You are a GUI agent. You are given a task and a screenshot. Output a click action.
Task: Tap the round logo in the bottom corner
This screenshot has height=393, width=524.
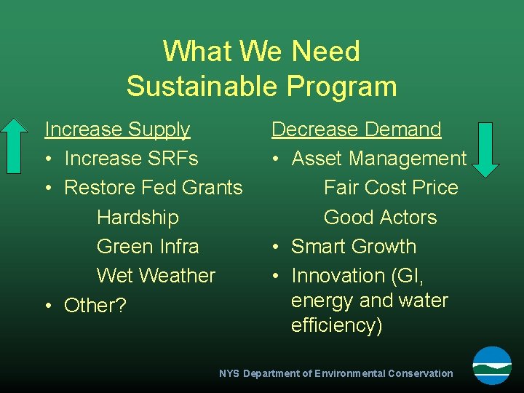pos(492,365)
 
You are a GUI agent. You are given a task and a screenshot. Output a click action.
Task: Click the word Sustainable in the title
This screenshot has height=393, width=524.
pos(202,86)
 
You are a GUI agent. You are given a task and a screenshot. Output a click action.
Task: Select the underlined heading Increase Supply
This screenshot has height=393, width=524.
pos(117,130)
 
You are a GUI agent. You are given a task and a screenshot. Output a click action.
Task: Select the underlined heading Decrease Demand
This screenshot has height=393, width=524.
pos(357,130)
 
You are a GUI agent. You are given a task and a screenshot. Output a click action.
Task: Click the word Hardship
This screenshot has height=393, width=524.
pos(138,217)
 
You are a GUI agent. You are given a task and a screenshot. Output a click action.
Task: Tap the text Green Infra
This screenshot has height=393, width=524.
pos(148,247)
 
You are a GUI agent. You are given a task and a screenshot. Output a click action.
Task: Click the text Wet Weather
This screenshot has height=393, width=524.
pos(156,276)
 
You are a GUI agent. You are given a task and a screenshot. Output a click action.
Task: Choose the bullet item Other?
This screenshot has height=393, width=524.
pos(95,306)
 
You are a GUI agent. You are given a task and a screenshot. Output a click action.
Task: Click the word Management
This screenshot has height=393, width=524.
pos(408,159)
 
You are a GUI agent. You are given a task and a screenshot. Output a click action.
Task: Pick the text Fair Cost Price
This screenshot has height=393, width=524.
pos(391,188)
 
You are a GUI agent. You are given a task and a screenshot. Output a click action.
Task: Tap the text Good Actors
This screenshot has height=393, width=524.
pos(380,217)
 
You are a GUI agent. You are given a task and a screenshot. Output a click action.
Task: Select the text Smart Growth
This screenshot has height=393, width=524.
pos(354,247)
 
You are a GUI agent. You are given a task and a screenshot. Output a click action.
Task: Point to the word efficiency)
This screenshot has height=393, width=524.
pos(336,325)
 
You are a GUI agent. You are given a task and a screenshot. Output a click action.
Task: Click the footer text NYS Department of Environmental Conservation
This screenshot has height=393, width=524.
pos(336,373)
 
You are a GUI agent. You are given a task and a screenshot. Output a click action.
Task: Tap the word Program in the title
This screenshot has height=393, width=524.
pos(341,86)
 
